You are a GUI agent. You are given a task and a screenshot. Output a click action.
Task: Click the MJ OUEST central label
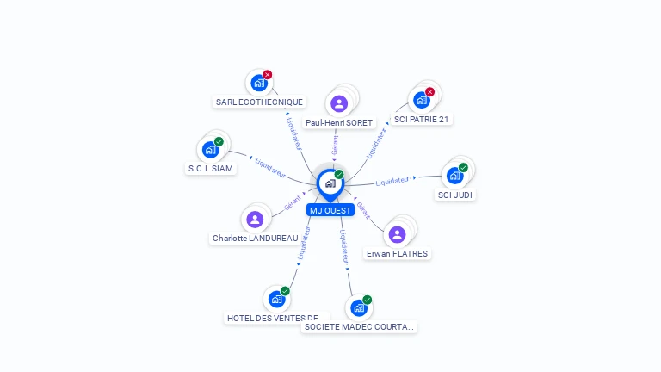330,210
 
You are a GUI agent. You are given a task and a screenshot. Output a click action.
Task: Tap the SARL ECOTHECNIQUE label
259,102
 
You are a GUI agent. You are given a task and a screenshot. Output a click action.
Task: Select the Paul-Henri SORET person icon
339,103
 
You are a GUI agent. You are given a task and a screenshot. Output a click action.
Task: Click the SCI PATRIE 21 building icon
421,100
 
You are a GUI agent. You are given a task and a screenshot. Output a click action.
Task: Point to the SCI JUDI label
455,195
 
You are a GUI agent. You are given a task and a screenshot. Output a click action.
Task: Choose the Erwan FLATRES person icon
397,234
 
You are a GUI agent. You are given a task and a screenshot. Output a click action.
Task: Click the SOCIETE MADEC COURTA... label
360,327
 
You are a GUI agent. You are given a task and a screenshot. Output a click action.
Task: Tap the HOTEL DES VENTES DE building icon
276,300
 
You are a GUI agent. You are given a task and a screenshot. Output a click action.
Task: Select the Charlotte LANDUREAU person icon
255,219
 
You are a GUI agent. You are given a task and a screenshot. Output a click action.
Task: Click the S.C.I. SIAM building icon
210,150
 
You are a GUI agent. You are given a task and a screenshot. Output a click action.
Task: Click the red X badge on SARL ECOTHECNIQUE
268,75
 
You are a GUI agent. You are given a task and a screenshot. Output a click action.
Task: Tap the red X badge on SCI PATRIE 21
429,92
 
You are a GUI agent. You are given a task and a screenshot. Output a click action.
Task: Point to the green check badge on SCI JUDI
463,168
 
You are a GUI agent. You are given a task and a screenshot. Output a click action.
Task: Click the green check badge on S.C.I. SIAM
219,141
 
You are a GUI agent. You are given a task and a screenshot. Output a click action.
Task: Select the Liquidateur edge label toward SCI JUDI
392,181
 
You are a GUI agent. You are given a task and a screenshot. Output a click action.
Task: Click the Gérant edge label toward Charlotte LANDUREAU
293,205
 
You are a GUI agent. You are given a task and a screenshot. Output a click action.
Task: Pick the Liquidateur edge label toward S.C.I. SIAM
270,167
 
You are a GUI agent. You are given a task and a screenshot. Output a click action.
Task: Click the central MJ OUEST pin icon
330,183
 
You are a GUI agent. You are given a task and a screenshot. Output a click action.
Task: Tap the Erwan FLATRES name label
397,254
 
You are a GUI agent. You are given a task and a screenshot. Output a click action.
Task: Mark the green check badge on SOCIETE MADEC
367,300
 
